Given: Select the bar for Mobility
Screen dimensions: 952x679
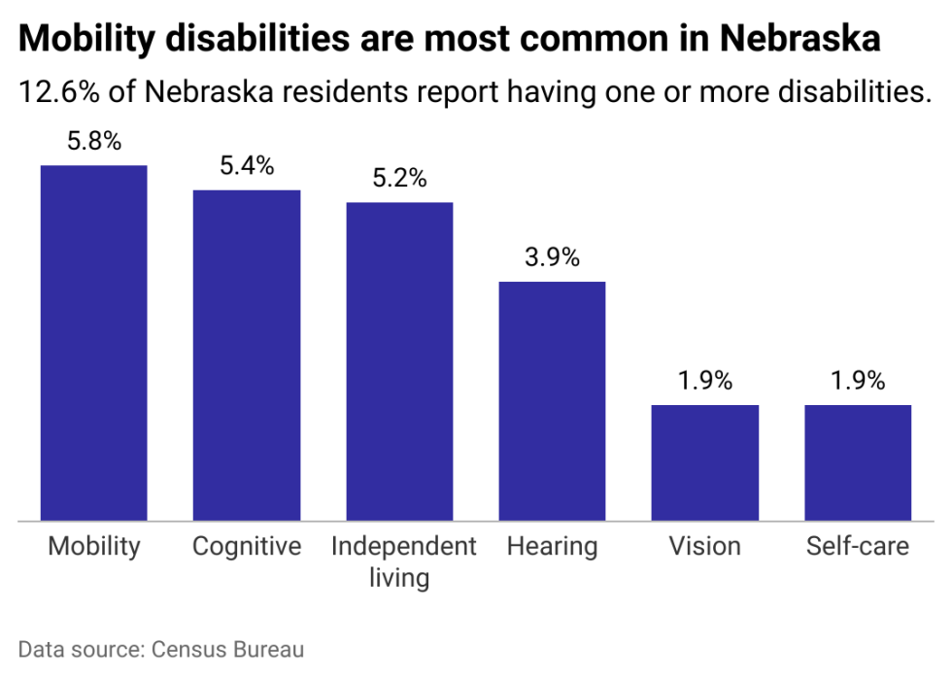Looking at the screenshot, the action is click(x=94, y=343).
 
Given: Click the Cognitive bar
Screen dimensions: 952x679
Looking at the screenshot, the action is click(x=247, y=356).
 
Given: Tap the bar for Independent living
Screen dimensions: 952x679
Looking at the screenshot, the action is click(x=399, y=361).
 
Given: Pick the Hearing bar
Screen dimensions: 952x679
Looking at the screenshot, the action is click(x=553, y=401).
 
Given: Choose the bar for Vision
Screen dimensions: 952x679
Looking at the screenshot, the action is click(x=705, y=462).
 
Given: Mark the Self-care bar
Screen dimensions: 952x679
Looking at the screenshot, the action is click(x=858, y=462).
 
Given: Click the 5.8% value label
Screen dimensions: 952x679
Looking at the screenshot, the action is click(x=94, y=141).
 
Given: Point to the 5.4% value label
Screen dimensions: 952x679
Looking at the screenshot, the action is click(x=247, y=166).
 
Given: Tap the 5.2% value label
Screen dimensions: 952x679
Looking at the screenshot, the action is click(x=399, y=178).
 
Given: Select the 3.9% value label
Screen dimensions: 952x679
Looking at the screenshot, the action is click(x=553, y=257).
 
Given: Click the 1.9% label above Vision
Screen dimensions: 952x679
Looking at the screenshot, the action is click(x=705, y=381).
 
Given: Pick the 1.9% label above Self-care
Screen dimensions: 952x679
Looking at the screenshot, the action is click(x=858, y=381).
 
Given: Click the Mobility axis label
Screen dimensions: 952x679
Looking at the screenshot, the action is click(x=94, y=547).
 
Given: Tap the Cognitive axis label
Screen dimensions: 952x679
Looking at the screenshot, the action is click(x=247, y=547).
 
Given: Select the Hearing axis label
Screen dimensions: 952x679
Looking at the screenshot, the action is click(x=553, y=547).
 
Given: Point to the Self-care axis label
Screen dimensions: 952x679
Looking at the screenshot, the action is click(x=858, y=546).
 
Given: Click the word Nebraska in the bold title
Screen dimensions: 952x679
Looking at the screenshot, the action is click(x=800, y=38).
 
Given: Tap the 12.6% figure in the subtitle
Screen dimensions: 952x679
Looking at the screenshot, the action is click(x=59, y=91).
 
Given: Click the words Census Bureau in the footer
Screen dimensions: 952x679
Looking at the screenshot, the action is click(x=227, y=649).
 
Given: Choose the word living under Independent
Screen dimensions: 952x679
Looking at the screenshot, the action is click(x=399, y=578).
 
